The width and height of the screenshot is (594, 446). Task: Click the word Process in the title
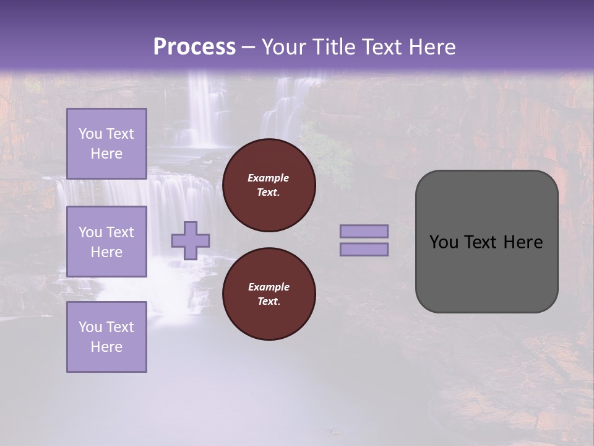[194, 47]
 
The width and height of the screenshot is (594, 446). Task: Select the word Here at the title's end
[431, 47]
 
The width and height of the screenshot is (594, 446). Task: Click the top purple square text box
[106, 144]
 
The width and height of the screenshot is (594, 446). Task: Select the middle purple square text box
[106, 242]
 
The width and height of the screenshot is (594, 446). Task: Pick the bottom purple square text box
[106, 336]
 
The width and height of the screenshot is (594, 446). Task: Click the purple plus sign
[191, 240]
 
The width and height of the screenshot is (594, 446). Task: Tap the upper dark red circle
[269, 185]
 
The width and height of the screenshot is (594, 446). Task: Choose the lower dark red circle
[269, 294]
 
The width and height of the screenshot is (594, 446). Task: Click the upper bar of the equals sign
[364, 231]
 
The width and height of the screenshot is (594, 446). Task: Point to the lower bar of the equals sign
[364, 249]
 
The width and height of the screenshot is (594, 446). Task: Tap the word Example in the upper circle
[269, 178]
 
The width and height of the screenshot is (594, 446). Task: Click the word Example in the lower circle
[269, 287]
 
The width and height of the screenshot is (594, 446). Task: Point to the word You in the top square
[90, 134]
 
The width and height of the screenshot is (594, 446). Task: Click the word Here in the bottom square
[106, 347]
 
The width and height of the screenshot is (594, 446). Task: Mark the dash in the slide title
[248, 47]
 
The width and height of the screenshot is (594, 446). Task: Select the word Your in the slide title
[283, 47]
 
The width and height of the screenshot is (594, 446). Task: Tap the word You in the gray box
[443, 242]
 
